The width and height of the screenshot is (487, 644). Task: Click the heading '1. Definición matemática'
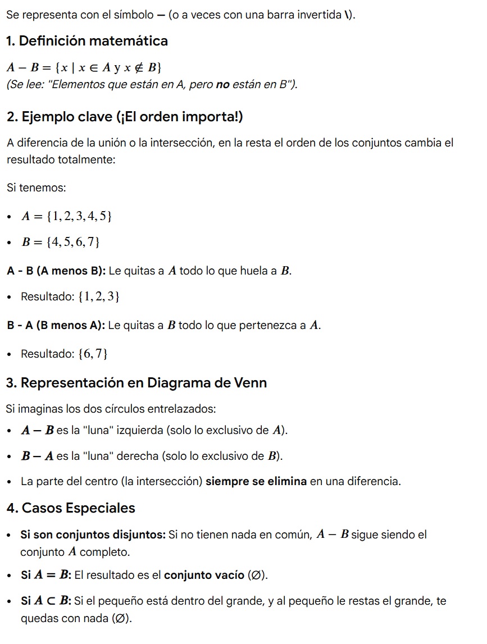coord(87,41)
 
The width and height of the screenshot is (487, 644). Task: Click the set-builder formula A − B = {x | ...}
coord(84,68)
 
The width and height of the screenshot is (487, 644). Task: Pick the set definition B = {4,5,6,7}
coord(61,243)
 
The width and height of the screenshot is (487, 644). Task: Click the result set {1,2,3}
coord(100,296)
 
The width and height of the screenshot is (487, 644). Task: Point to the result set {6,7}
coord(94,354)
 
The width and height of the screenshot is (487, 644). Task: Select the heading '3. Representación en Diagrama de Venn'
coord(136,383)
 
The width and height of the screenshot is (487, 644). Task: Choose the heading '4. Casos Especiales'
coord(71,508)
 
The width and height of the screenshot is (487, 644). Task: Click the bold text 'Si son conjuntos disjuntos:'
coord(93,535)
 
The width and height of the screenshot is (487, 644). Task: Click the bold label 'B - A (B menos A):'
coord(56,325)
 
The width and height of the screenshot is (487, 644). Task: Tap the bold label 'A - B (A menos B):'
coord(56,271)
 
